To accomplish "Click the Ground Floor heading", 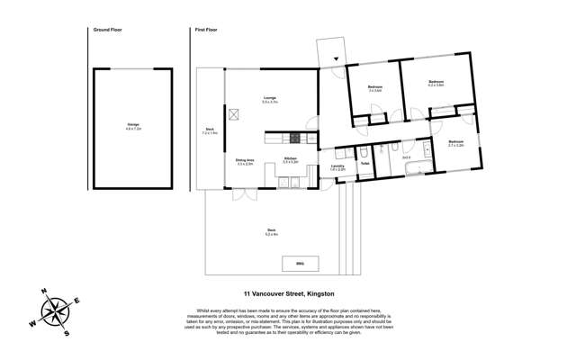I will coord(107,30).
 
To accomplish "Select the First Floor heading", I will coord(206,30).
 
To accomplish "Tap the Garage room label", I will coord(132,126).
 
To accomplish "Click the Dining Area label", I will coord(244,161).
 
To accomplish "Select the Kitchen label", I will coord(290,159).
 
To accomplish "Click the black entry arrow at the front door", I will coord(337,60).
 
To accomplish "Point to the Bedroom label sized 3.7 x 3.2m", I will coord(455,142).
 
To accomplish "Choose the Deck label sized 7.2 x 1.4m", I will coord(209,130).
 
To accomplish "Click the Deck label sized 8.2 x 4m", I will coord(271,231).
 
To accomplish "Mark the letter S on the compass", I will coord(67,333).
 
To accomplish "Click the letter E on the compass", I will coord(76,301).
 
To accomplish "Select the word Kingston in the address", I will coord(320,293).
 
